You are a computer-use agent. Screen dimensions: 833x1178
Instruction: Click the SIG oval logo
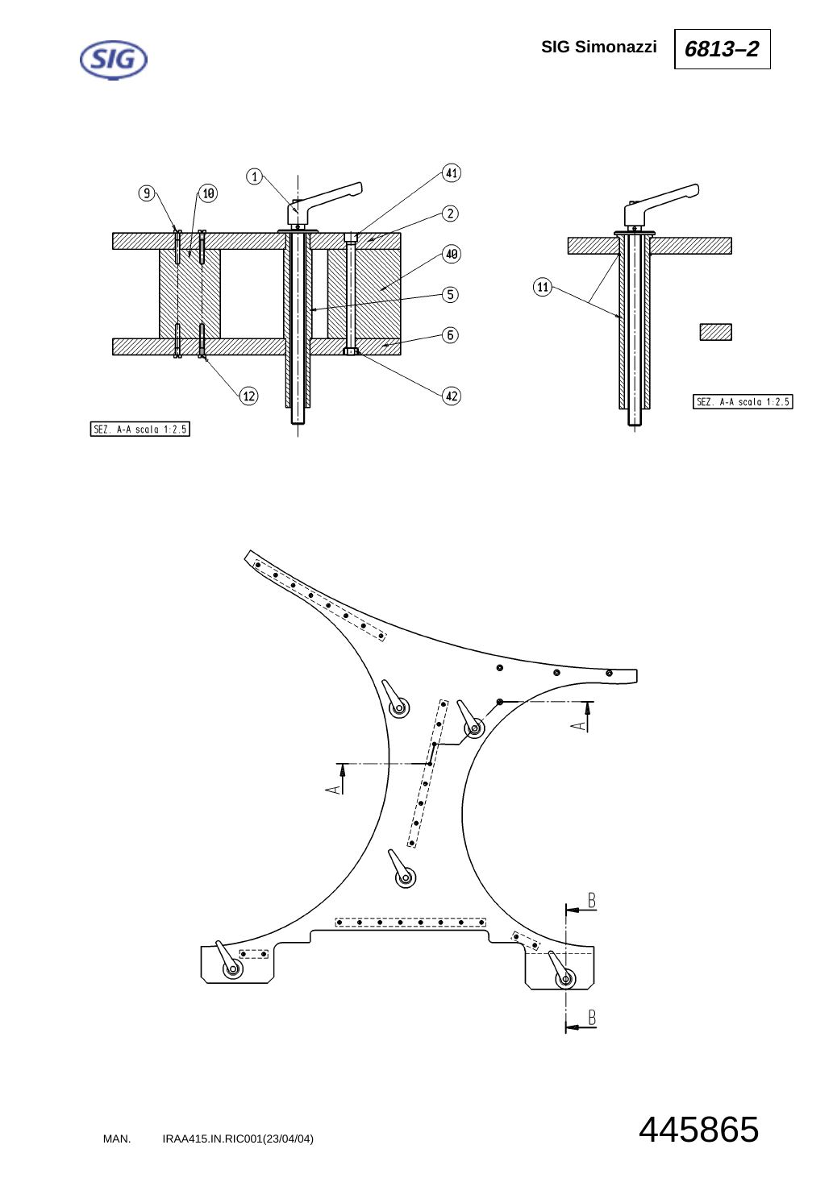(114, 60)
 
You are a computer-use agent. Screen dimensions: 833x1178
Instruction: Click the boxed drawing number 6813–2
(722, 49)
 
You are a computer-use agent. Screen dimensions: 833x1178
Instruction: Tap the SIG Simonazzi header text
(599, 47)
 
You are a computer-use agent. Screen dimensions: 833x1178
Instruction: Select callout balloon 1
(255, 176)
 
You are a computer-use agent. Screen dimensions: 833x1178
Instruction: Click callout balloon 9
(147, 193)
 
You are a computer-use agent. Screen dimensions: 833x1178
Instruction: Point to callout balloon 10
(208, 193)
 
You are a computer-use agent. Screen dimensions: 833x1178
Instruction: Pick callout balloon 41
(452, 173)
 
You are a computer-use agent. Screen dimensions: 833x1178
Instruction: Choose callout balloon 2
(450, 214)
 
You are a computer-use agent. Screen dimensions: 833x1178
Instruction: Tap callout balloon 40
(452, 255)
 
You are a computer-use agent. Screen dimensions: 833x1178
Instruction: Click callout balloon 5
(450, 295)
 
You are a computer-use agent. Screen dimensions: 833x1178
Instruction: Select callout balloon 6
(450, 335)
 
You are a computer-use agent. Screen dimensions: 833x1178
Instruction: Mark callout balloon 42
(452, 396)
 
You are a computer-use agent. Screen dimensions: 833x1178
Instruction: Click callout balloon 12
(249, 396)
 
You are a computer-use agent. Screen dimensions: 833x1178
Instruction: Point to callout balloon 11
(543, 287)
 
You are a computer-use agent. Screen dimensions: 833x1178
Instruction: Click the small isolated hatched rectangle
(715, 332)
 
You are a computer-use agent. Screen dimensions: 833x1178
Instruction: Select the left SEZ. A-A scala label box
(140, 429)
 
